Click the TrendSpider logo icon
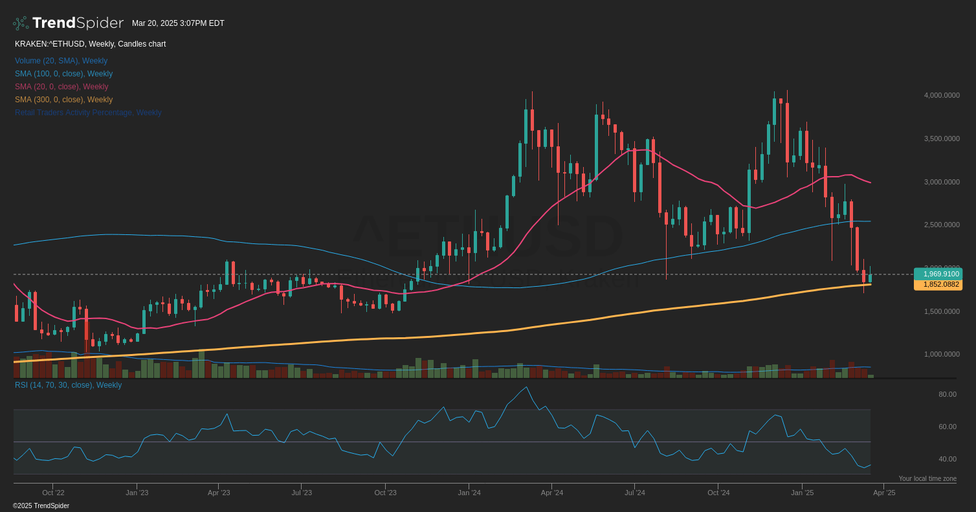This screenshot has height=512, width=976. [x=20, y=23]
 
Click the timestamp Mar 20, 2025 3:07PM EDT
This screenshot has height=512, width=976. [x=178, y=23]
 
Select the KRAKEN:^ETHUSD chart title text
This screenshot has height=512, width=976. [x=90, y=44]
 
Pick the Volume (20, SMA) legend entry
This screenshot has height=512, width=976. [x=61, y=61]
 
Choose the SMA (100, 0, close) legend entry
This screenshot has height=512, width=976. [x=63, y=74]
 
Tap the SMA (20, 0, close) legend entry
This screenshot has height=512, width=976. [x=61, y=87]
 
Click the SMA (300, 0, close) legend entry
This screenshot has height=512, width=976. [x=63, y=100]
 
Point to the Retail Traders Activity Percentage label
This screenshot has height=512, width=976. [x=88, y=113]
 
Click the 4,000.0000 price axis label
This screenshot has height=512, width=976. [x=942, y=95]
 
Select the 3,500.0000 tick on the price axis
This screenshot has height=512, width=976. [x=942, y=139]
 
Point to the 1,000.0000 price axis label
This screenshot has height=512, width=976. [x=942, y=354]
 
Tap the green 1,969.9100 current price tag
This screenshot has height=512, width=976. [x=938, y=274]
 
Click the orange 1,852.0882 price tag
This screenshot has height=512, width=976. [x=938, y=284]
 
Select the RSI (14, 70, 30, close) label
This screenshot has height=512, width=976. [x=68, y=385]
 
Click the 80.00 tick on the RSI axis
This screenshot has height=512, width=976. [x=947, y=394]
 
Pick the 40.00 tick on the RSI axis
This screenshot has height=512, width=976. [x=947, y=459]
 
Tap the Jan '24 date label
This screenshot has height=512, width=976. [x=469, y=493]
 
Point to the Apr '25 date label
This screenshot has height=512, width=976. [x=883, y=493]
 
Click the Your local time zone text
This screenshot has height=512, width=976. [x=927, y=479]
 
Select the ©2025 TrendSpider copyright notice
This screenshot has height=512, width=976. [x=41, y=506]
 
